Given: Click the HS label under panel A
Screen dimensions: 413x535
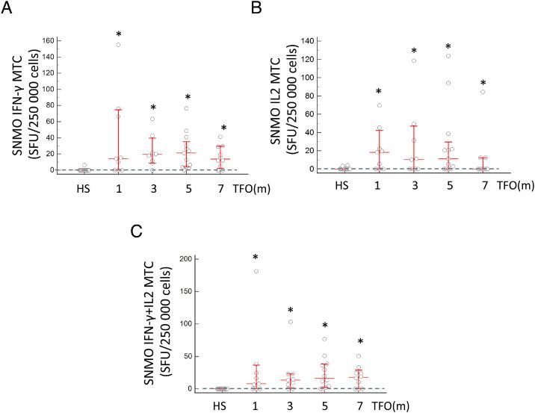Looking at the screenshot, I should tap(84, 187).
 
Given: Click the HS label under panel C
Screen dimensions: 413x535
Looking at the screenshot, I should tap(220, 407).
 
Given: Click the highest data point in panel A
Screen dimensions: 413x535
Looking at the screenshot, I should tap(118, 45).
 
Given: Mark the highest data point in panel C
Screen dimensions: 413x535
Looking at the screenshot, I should tap(256, 271).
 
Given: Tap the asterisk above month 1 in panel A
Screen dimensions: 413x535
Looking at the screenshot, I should tap(118, 34).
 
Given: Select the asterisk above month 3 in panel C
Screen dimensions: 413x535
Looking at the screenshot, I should tap(291, 311).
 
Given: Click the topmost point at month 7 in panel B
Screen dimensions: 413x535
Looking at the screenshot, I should tap(483, 93).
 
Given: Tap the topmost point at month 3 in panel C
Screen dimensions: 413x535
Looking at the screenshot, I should tap(291, 322).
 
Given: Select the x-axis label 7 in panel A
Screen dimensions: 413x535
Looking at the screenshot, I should tap(221, 187).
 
